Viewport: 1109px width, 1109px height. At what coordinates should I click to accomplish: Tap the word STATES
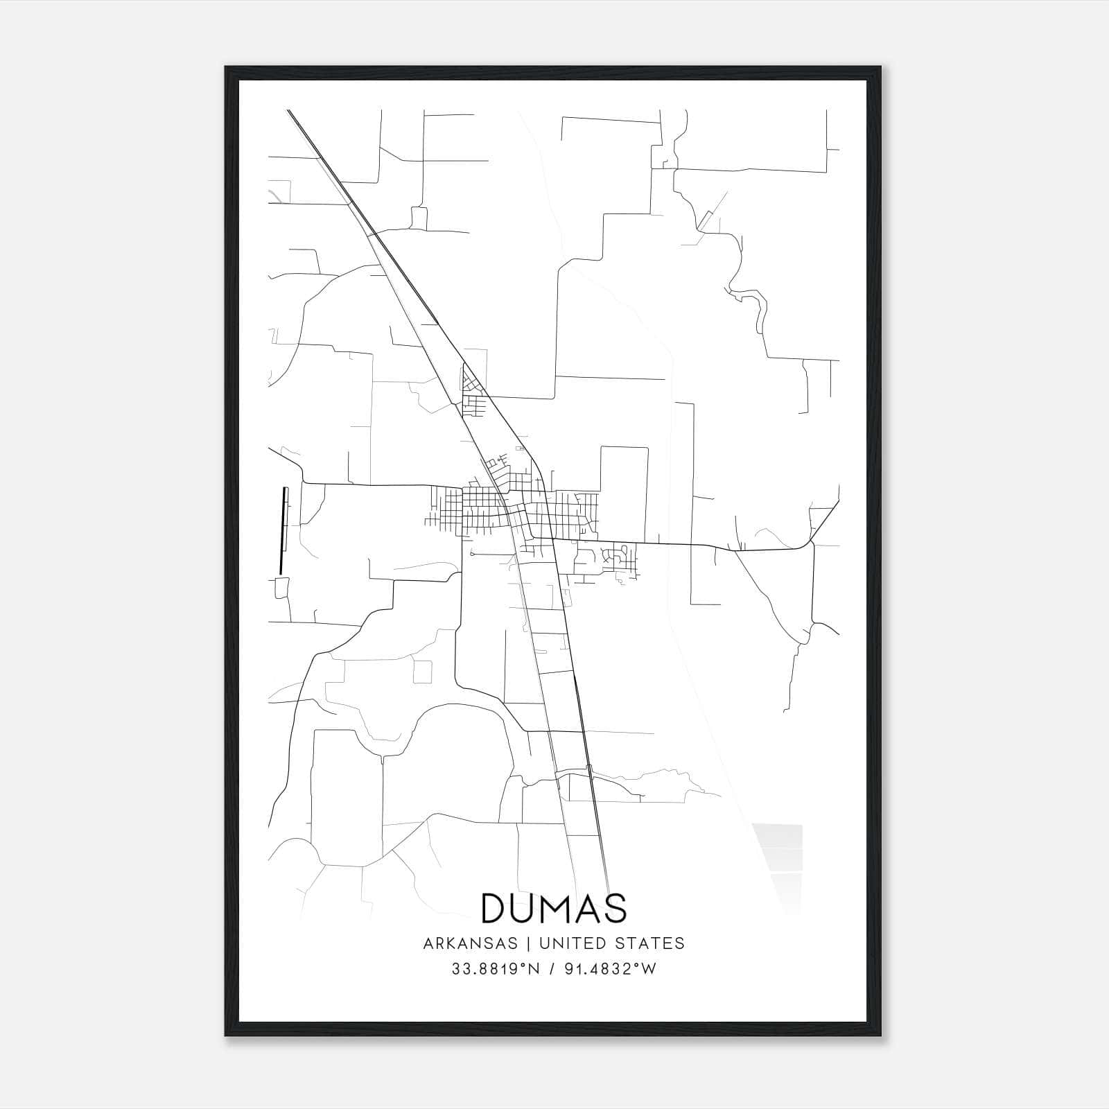pos(650,943)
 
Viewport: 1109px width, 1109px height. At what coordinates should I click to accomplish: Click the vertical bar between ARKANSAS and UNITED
pos(527,943)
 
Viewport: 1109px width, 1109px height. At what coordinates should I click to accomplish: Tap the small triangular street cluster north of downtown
pos(472,381)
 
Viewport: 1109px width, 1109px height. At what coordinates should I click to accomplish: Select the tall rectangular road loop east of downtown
pos(624,494)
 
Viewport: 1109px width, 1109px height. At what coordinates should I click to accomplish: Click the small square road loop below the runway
pos(281,588)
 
